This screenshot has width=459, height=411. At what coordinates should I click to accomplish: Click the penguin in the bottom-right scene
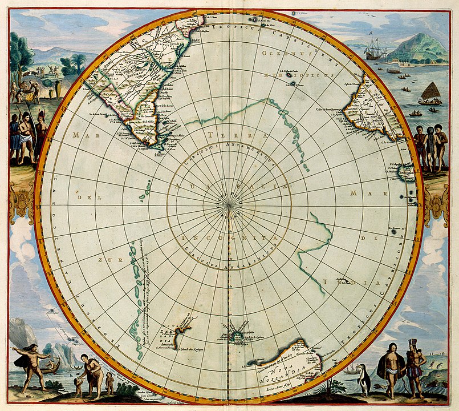point(363,379)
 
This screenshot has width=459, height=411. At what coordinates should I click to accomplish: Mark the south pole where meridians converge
point(229,207)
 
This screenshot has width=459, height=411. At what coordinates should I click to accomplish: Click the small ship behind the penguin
point(350,369)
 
